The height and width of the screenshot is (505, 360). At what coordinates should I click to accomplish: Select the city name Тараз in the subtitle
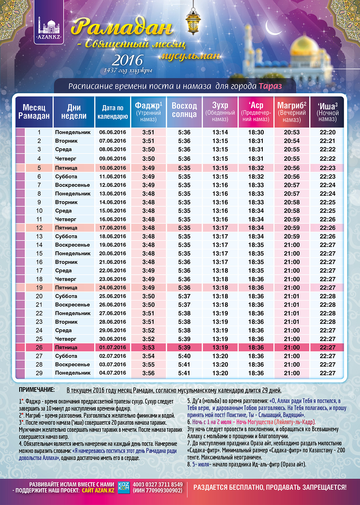coord(270,86)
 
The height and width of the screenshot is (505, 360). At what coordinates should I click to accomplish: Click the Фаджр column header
coord(148,112)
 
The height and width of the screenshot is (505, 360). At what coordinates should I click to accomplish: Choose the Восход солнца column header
coord(184,110)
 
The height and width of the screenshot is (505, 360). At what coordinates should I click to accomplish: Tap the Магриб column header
coord(292,112)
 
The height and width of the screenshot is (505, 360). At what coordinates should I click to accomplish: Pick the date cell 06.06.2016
coord(112,132)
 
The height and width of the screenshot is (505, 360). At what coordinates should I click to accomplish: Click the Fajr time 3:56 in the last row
coord(148,373)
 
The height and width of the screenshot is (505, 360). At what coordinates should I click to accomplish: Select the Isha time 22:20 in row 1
coord(328,132)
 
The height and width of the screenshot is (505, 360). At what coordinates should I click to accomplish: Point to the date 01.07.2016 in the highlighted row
coord(112,347)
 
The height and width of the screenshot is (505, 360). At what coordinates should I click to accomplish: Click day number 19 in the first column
coord(39,288)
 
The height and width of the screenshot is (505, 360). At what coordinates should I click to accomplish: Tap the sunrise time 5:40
coord(184,356)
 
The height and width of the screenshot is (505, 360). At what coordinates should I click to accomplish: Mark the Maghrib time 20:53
coord(292,132)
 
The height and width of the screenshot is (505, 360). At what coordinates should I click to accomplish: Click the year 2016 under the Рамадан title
coord(127,61)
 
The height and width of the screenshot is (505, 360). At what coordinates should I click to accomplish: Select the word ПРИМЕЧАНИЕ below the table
coord(37,390)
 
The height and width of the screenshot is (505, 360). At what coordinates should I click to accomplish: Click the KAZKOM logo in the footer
coord(123,487)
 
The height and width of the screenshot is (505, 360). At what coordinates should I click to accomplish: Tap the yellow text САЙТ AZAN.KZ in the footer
coord(98,491)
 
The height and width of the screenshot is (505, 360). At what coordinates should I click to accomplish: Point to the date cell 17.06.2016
coord(112,228)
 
